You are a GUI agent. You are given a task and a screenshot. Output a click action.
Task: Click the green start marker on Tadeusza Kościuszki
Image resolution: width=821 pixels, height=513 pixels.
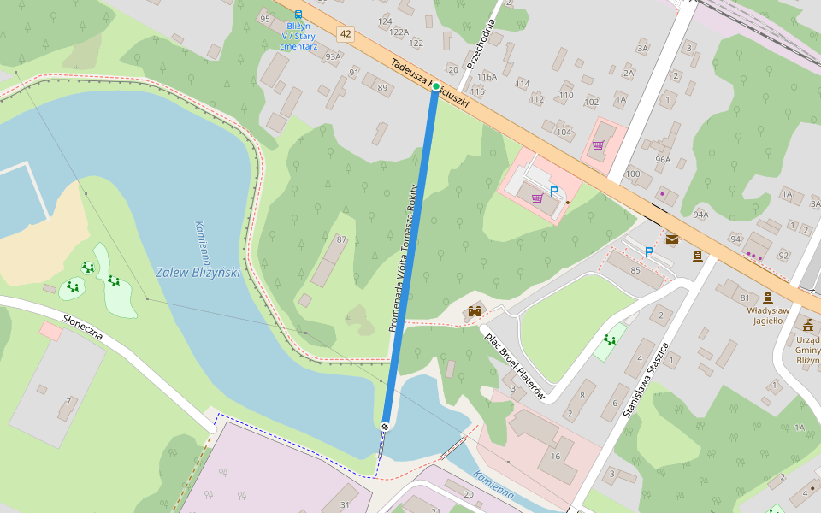(x=435, y=86)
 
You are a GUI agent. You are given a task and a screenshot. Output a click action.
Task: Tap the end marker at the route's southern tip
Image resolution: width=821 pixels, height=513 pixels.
(x=386, y=425)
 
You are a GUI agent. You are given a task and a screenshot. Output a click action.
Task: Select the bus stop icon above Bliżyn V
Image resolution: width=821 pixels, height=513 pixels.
(x=298, y=15)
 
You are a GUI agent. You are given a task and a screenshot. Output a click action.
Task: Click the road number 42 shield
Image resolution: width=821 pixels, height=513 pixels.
(x=345, y=34)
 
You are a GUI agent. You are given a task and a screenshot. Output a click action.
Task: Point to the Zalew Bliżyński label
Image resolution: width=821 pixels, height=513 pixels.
(x=198, y=273)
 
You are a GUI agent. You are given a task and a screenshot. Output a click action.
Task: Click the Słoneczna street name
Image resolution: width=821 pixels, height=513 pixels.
(x=82, y=327)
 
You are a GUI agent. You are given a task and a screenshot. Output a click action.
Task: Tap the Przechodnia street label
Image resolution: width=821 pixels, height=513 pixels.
(x=481, y=44)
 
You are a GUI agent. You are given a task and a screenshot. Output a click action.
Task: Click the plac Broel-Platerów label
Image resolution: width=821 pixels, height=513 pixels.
(x=515, y=365)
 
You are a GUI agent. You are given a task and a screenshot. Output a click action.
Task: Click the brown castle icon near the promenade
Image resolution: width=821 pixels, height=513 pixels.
(x=474, y=311)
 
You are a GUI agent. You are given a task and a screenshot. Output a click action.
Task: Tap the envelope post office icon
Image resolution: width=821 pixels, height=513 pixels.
(x=672, y=239)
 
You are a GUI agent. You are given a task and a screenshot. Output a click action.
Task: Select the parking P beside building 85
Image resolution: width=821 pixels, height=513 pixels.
(x=648, y=252)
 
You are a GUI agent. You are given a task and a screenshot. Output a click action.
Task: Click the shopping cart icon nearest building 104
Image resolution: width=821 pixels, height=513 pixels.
(x=598, y=145)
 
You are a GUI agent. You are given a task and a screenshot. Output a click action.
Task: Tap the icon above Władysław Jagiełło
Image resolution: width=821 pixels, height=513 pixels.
(x=767, y=297)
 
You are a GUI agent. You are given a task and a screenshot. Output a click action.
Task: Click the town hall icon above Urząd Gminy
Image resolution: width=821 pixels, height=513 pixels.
(x=807, y=325)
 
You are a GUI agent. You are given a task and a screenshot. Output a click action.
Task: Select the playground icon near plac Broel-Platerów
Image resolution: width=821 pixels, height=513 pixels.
(x=611, y=340)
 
